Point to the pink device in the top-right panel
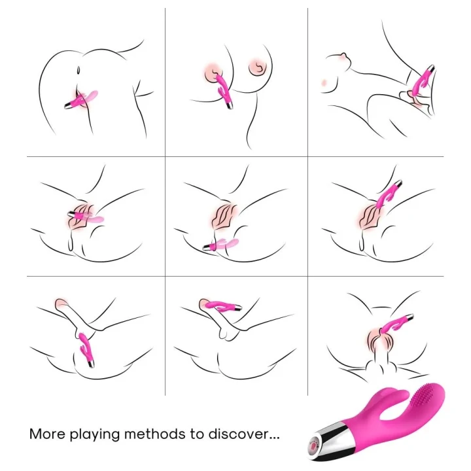(421, 82)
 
